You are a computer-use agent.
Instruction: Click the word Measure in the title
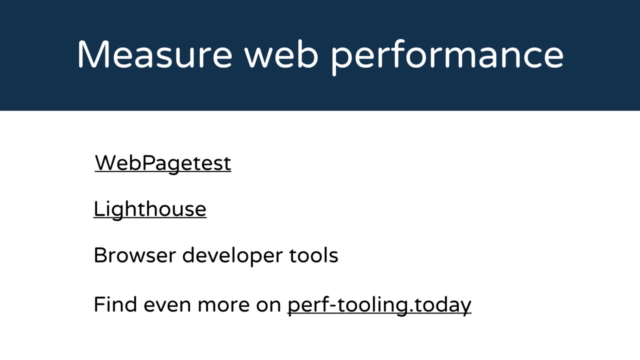click(x=154, y=54)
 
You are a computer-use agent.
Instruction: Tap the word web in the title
click(x=281, y=54)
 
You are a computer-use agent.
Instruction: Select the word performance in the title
click(x=447, y=57)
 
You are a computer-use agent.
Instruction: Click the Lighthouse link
click(x=150, y=210)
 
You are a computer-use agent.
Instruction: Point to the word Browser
click(x=134, y=255)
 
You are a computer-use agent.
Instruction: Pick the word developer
click(x=232, y=256)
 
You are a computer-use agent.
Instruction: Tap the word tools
click(x=313, y=255)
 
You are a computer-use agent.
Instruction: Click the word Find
click(x=115, y=304)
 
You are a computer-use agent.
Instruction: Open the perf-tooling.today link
click(x=379, y=305)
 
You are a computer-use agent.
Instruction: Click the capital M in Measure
click(x=93, y=54)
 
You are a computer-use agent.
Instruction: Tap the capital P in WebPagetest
click(x=147, y=163)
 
